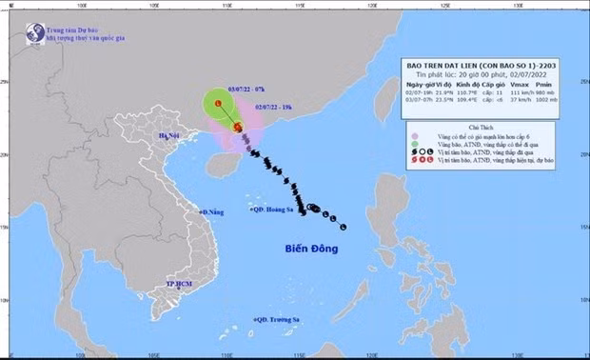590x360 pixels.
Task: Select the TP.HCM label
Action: [180, 284]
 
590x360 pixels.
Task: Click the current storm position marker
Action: [238, 127]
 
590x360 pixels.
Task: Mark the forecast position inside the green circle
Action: [219, 104]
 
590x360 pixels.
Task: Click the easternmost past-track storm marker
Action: [342, 227]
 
